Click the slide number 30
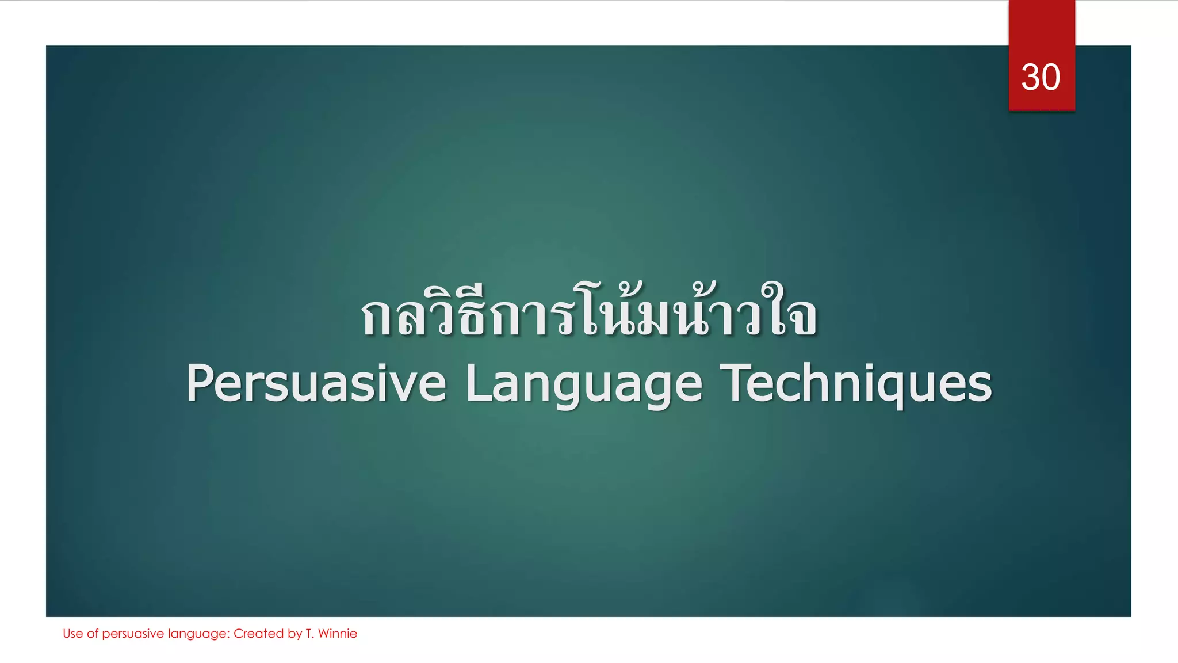click(1041, 77)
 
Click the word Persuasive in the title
click(316, 384)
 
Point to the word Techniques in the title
click(856, 384)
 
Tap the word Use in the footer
click(72, 634)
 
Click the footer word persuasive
click(133, 634)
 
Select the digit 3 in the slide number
click(1030, 77)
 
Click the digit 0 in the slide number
click(1051, 77)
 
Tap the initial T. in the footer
click(309, 634)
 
